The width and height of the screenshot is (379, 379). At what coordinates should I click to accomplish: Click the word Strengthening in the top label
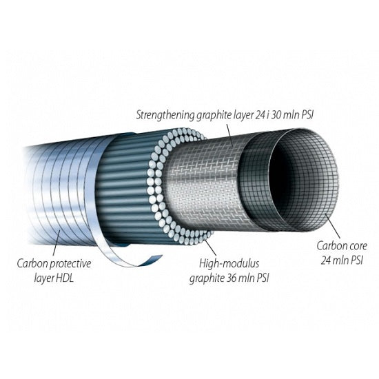coord(165,115)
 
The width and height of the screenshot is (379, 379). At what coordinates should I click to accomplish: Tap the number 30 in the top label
coord(277,115)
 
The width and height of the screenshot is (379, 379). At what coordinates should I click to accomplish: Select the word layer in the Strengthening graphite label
coord(242,116)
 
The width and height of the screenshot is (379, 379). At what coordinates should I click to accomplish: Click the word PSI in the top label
coord(307,115)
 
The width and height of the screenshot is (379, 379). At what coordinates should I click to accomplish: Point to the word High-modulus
coord(229,263)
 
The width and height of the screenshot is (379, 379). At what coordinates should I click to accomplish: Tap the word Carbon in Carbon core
coord(331,246)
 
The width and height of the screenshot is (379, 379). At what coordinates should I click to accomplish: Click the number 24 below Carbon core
coord(327,260)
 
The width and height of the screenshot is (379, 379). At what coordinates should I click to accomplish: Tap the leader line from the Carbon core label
coord(332,225)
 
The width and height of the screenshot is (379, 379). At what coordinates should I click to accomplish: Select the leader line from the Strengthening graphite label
coord(229,134)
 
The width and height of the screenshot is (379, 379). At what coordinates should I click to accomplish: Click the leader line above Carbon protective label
coord(56,243)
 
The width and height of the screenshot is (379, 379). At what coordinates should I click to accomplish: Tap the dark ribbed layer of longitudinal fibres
coord(125,189)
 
